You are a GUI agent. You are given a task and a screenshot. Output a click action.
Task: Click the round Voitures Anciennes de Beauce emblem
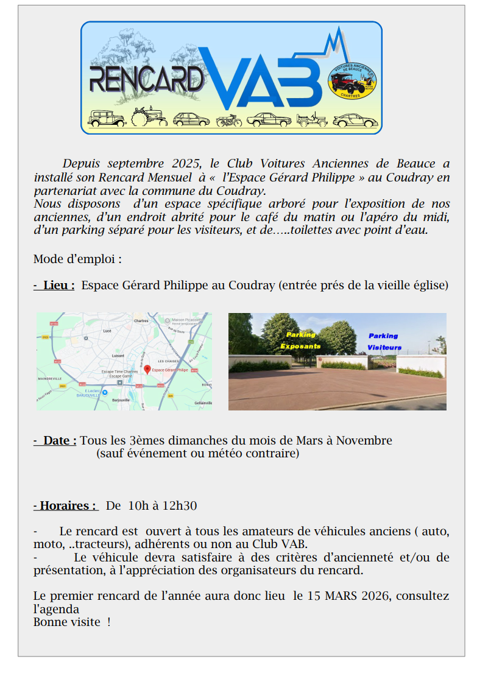coord(353,82)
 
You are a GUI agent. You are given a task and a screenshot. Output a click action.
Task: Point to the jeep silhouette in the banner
coord(311,119)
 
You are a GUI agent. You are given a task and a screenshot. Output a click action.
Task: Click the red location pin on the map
coord(147,369)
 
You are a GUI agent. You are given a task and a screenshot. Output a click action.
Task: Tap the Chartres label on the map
coord(141,320)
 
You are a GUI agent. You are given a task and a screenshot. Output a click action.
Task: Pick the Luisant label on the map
coord(118,355)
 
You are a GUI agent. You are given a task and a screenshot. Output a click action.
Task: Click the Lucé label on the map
coord(108,331)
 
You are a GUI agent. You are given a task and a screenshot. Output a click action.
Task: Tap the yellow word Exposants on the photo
coord(300,346)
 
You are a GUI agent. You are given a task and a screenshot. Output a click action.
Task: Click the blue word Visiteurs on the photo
coord(384,347)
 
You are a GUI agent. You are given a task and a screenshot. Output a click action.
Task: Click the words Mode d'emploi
coord(77,259)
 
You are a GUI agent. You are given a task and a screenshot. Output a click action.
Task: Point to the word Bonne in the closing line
coord(49,622)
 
